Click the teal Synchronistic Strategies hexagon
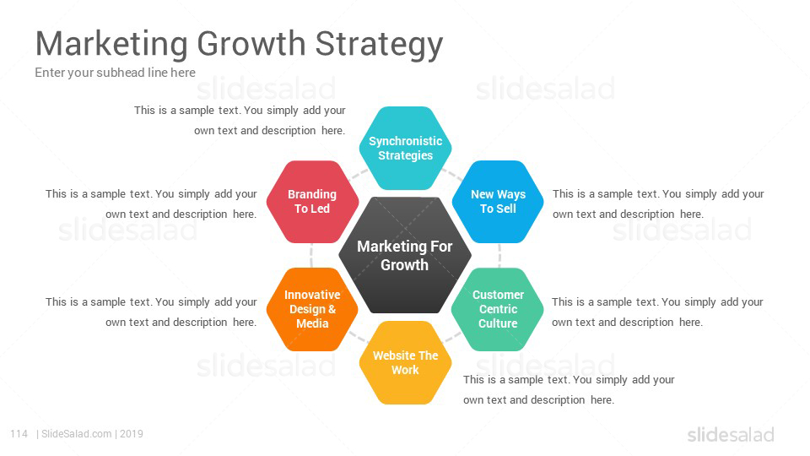(406, 149)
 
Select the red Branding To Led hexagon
(312, 202)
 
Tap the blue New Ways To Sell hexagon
(498, 202)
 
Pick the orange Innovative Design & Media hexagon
(312, 309)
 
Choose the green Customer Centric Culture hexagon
(498, 309)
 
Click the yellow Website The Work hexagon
(406, 363)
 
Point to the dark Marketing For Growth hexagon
(405, 255)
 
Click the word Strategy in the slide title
(379, 45)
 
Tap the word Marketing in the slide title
(111, 45)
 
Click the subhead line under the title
(116, 73)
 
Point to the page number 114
(19, 434)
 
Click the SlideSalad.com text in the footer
(77, 434)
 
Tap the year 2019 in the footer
(132, 434)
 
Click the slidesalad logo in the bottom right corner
(731, 435)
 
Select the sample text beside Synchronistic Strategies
(240, 121)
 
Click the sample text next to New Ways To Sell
(658, 204)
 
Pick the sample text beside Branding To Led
(151, 204)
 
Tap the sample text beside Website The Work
(569, 390)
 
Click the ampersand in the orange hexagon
(332, 309)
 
